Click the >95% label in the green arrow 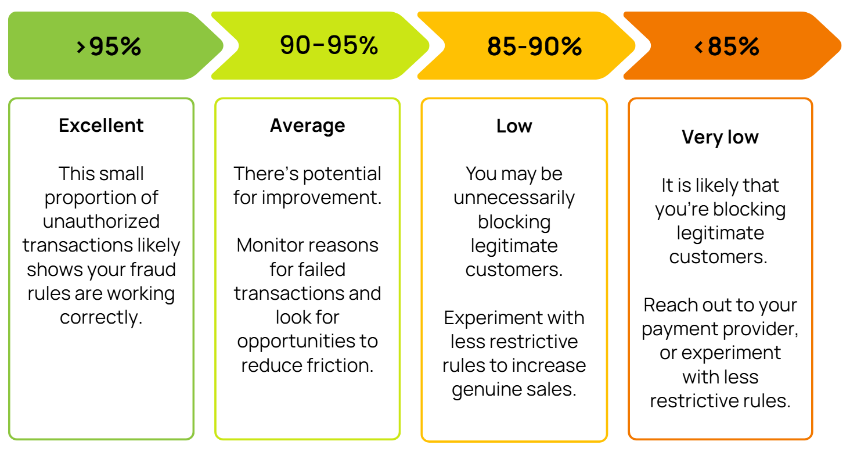click(x=109, y=46)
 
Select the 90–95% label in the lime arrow click(x=329, y=45)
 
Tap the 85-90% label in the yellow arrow click(x=534, y=46)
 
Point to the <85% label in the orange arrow click(x=727, y=46)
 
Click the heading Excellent click(x=101, y=125)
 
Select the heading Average click(x=307, y=125)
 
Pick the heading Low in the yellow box click(x=514, y=125)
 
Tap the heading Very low click(x=720, y=137)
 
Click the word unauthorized click(x=101, y=221)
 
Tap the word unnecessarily click(x=514, y=198)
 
